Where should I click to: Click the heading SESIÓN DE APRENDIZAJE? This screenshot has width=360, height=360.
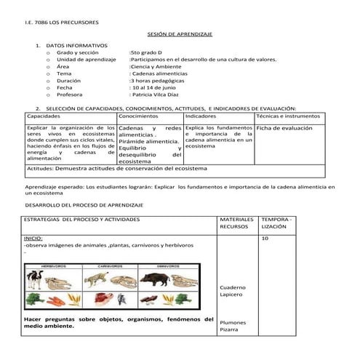pyautogui.click(x=179, y=34)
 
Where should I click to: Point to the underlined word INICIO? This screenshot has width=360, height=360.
pyautogui.click(x=33, y=238)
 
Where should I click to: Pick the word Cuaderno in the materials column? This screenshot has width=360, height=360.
pyautogui.click(x=233, y=288)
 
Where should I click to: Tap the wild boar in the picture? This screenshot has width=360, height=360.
pyautogui.click(x=159, y=279)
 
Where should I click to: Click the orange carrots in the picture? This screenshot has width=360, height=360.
pyautogui.click(x=34, y=298)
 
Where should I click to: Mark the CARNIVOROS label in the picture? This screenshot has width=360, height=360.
pyautogui.click(x=110, y=266)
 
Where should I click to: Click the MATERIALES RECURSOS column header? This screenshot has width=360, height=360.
pyautogui.click(x=236, y=222)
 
